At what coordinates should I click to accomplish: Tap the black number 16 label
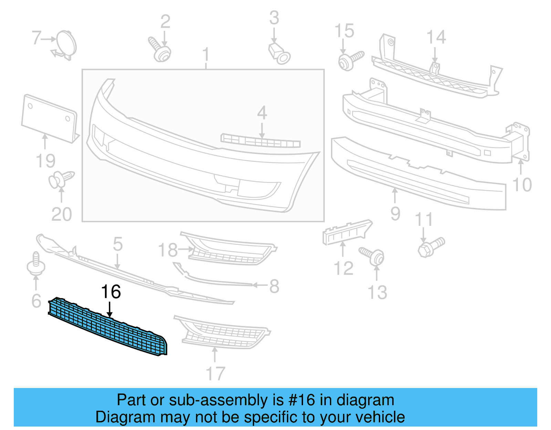(x=111, y=292)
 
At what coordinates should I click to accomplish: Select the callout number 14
(x=436, y=37)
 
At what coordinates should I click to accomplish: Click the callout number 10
(x=522, y=185)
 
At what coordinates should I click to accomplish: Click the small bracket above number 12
(x=346, y=232)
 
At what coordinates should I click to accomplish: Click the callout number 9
(x=395, y=213)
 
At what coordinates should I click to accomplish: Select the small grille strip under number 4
(x=260, y=141)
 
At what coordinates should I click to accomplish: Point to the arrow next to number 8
(x=260, y=285)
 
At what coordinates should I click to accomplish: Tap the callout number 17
(x=215, y=374)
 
